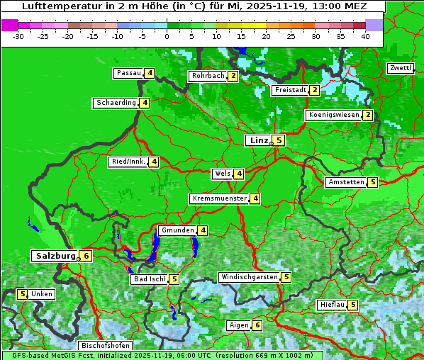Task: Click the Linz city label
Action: point(258,140)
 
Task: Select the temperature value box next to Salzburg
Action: point(86,256)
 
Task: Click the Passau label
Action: point(128,73)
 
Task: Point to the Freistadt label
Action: point(290,90)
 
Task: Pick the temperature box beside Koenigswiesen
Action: point(367,115)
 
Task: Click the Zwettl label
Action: point(400,68)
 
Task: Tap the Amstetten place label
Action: point(346,182)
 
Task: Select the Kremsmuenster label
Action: point(218,198)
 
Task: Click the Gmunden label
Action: point(177,230)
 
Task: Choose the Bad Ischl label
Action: point(149,279)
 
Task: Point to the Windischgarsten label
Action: point(248,277)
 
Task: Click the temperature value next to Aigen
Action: point(257,325)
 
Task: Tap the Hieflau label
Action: point(332,305)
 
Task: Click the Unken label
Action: point(42,294)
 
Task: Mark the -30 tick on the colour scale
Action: point(18,36)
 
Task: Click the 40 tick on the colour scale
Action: point(365,36)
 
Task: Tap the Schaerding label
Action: point(116,103)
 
